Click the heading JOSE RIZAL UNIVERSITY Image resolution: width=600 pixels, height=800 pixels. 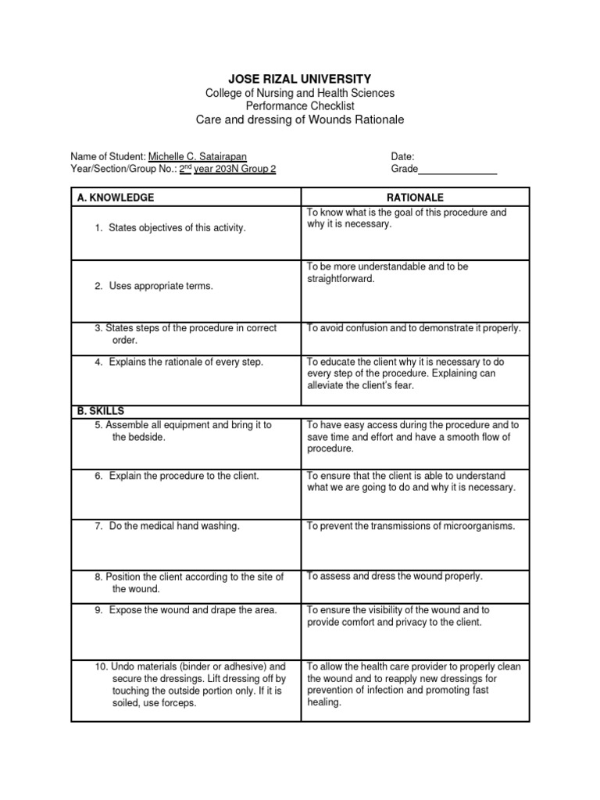coord(300,79)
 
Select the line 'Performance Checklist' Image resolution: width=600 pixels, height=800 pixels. coord(300,105)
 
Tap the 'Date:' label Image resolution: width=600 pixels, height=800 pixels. coord(402,156)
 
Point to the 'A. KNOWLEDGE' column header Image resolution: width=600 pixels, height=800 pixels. coord(116,198)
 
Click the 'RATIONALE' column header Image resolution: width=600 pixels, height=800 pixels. coord(415,198)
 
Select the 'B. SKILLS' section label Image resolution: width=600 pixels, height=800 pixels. coord(101,411)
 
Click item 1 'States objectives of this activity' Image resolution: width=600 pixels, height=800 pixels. coord(177,227)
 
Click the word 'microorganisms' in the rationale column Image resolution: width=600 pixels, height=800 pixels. coord(476,527)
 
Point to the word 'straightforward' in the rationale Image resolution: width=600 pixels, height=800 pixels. coord(341,279)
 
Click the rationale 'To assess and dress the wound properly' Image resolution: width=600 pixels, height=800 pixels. coord(395,577)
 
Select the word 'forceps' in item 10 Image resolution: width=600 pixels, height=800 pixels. coord(180,703)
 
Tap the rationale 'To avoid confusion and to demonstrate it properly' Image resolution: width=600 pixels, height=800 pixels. coord(413,328)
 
